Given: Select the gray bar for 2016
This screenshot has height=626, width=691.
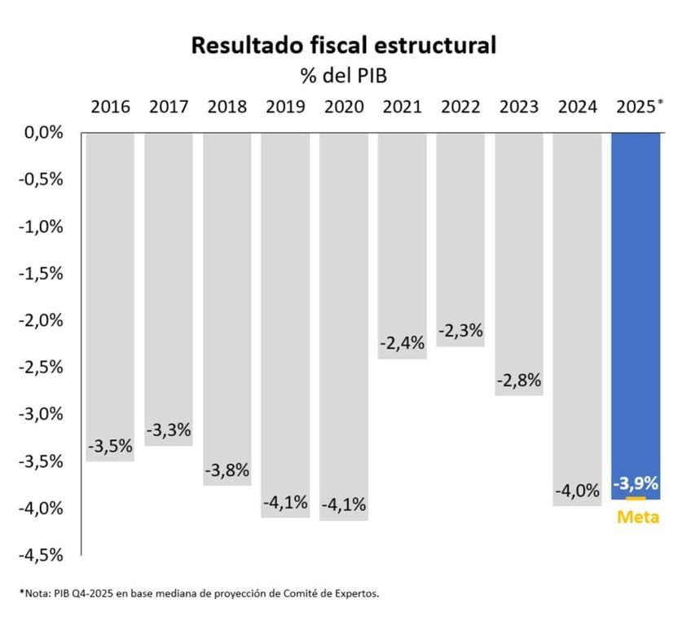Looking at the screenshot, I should click(110, 285).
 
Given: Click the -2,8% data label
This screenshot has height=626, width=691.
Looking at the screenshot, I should click(520, 381).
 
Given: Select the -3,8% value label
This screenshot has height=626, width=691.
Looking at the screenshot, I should click(227, 471).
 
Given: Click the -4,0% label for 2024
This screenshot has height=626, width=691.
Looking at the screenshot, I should click(578, 492).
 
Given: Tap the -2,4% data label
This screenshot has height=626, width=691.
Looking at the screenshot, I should click(403, 343).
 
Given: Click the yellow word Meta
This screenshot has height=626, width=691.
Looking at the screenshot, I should click(637, 517).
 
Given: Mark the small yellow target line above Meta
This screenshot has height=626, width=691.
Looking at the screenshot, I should click(636, 498).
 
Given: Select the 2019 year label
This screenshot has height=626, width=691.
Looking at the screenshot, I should click(285, 107).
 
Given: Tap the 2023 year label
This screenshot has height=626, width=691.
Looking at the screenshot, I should click(520, 107).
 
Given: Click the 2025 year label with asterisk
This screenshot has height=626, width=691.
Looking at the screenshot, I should click(637, 107).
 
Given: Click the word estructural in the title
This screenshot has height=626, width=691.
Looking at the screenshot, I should click(438, 46).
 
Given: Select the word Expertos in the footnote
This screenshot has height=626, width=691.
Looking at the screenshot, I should click(355, 593).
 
